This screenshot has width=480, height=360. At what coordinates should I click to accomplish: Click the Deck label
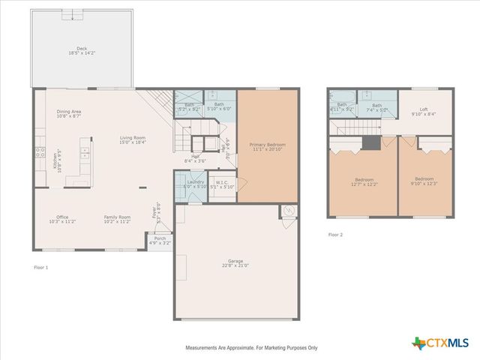(x=82, y=51)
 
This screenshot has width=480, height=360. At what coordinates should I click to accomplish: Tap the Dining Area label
(x=69, y=114)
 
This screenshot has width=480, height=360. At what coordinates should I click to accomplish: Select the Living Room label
(x=133, y=140)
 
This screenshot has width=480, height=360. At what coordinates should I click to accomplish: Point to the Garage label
(x=234, y=262)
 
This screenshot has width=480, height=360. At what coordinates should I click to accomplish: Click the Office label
(x=62, y=220)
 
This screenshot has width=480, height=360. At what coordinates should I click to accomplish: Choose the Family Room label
(x=117, y=220)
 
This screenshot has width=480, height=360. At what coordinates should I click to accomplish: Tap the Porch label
(x=160, y=241)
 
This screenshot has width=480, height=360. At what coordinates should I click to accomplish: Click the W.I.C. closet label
(x=222, y=184)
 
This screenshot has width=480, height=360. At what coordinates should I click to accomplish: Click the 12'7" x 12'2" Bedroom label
(x=364, y=181)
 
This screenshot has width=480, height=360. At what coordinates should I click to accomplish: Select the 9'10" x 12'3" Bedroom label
(x=425, y=181)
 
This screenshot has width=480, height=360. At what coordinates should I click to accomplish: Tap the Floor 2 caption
(x=335, y=235)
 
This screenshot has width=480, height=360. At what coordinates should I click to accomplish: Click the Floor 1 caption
(x=40, y=267)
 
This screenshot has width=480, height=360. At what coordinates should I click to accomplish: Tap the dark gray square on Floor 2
(x=370, y=145)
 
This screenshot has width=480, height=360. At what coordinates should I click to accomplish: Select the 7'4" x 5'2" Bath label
(x=377, y=107)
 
